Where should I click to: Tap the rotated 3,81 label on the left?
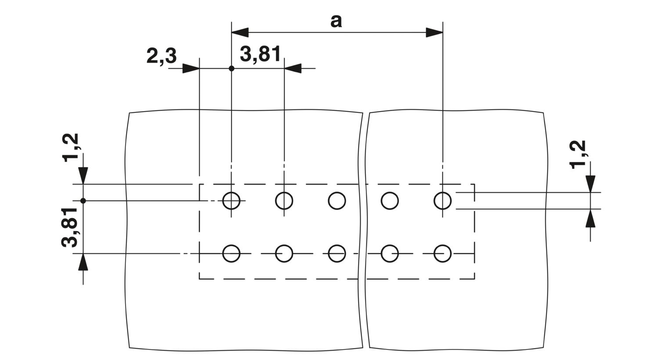[x=70, y=227]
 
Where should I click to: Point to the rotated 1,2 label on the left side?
[x=70, y=148]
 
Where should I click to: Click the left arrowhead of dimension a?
[x=240, y=32]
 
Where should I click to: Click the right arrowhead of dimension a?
[x=434, y=32]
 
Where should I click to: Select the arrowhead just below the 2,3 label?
[x=191, y=68]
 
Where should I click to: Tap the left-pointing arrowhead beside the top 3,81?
[x=293, y=68]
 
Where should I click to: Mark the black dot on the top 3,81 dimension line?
[x=232, y=68]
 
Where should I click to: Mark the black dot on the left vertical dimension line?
[x=83, y=201]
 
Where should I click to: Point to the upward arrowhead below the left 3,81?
[x=83, y=262]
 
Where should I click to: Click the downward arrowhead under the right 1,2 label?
[x=590, y=184]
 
